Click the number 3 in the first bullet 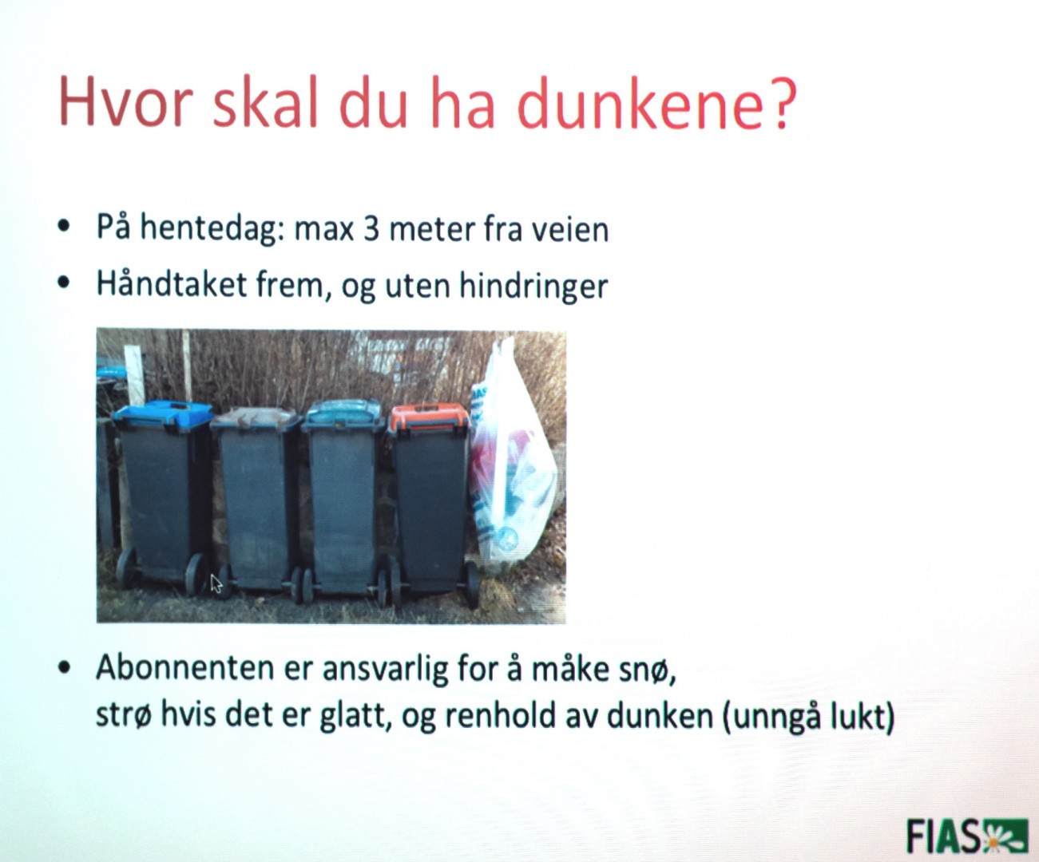(x=371, y=229)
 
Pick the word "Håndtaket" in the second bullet (x=171, y=284)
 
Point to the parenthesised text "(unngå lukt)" (x=807, y=717)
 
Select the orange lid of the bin (x=430, y=417)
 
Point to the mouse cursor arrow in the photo (x=216, y=583)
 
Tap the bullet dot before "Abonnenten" (x=64, y=667)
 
